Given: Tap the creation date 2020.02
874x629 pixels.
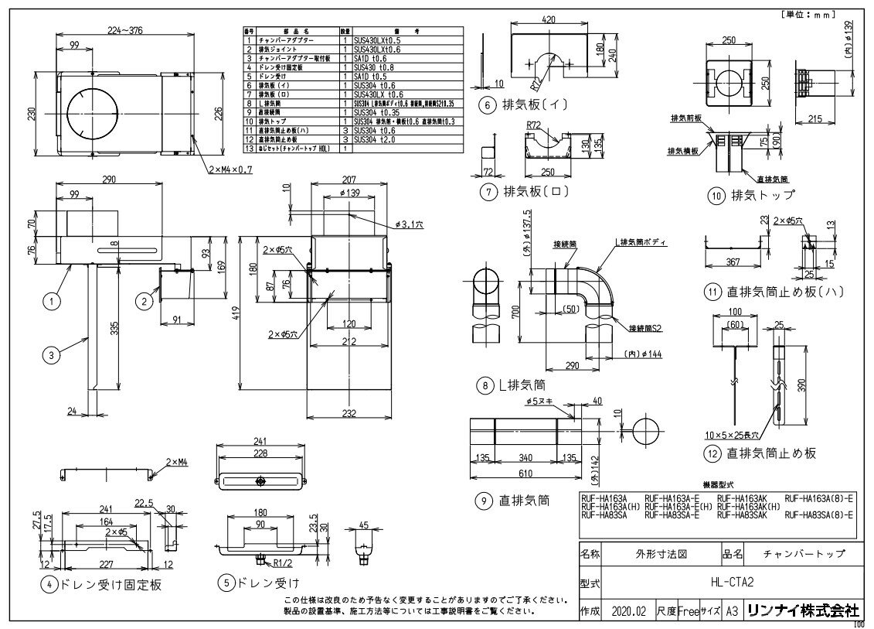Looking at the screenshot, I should [627, 611].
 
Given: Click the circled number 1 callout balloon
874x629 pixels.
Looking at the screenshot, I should [51, 302].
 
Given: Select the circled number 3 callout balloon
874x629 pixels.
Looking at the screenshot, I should [51, 355].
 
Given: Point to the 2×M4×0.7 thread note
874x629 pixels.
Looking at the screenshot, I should [231, 169].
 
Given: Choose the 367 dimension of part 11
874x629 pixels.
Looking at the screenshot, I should [731, 262].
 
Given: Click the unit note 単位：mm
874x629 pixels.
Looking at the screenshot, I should [822, 13].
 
